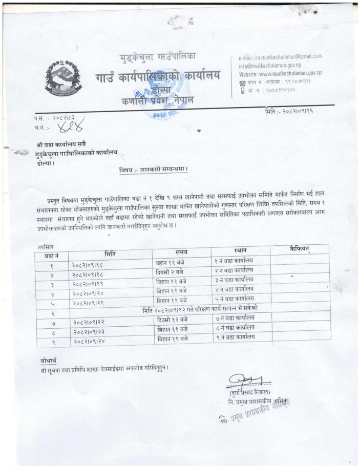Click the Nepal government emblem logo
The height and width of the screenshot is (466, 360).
(63, 78)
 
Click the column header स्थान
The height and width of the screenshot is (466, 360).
(240, 251)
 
